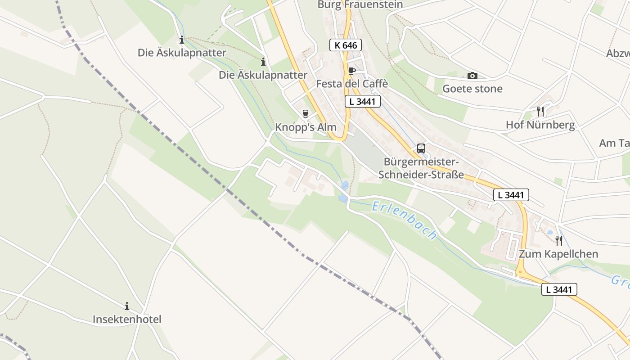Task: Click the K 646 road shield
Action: pyautogui.click(x=346, y=45)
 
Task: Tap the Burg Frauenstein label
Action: pyautogui.click(x=360, y=4)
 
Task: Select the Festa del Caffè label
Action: pyautogui.click(x=352, y=84)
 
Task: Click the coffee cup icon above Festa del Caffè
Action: pyautogui.click(x=351, y=71)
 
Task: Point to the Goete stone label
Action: pyautogui.click(x=472, y=89)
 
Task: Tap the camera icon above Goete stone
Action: pyautogui.click(x=472, y=76)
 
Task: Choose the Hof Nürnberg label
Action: pyautogui.click(x=540, y=125)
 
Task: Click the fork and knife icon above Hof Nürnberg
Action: pyautogui.click(x=540, y=111)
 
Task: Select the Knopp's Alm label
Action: pyautogui.click(x=306, y=127)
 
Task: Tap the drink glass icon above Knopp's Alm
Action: pyautogui.click(x=306, y=114)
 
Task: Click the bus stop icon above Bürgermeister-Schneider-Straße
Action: pyautogui.click(x=421, y=148)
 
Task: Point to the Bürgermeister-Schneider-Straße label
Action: pyautogui.click(x=421, y=168)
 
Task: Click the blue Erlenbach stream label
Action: pyautogui.click(x=405, y=220)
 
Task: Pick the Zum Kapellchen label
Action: pyautogui.click(x=558, y=254)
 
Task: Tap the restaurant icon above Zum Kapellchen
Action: pyautogui.click(x=558, y=240)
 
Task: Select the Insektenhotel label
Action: pyautogui.click(x=127, y=319)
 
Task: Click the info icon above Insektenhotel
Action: pyautogui.click(x=127, y=306)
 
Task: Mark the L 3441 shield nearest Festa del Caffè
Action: pyautogui.click(x=363, y=101)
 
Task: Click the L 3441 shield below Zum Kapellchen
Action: pyautogui.click(x=559, y=289)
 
